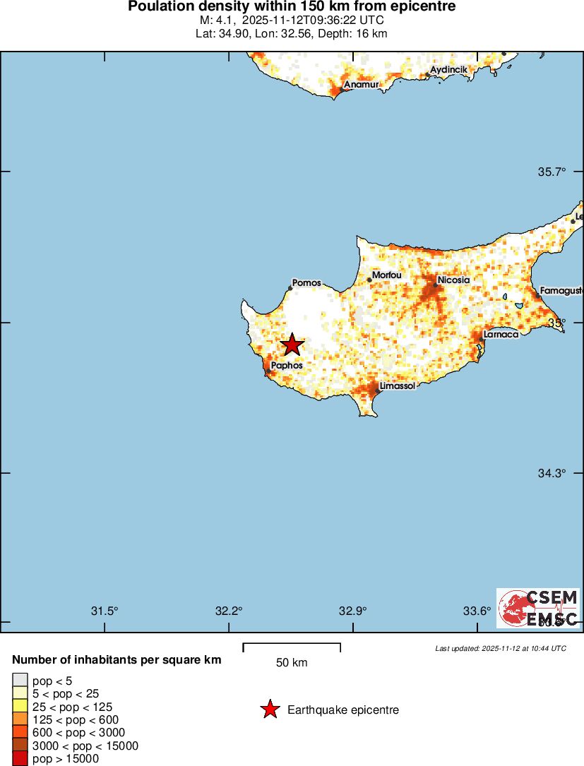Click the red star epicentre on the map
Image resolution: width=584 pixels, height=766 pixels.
[x=292, y=345]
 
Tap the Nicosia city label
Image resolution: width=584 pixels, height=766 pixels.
[x=453, y=280]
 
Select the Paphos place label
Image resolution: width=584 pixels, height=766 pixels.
[x=287, y=366]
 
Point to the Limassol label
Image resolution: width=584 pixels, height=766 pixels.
[x=398, y=386]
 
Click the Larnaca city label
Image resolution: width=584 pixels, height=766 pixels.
[x=501, y=335]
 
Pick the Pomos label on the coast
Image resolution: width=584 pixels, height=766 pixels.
[x=306, y=283]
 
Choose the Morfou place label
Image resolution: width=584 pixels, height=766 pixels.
[x=386, y=275]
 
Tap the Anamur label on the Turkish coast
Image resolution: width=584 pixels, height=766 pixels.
[x=361, y=85]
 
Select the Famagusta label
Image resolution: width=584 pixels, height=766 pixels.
[x=561, y=290]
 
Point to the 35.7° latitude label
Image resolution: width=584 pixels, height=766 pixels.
[x=552, y=172]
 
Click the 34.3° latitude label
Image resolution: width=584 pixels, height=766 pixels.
[x=552, y=473]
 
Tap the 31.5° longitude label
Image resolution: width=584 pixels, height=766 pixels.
[x=105, y=611]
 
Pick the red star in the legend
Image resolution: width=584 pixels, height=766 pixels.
[x=270, y=710]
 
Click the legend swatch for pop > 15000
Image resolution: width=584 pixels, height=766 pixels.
[x=20, y=759]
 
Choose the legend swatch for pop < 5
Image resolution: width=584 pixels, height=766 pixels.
[x=20, y=680]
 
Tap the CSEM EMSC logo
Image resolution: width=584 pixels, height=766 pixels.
[x=538, y=608]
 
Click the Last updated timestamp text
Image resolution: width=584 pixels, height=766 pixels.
[x=500, y=648]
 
